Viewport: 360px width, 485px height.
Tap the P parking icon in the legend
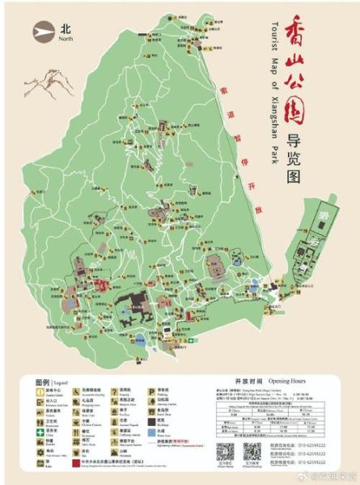click(150, 390)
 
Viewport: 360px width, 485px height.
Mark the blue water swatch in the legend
click(150, 431)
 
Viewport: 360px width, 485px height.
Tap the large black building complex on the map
click(129, 305)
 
